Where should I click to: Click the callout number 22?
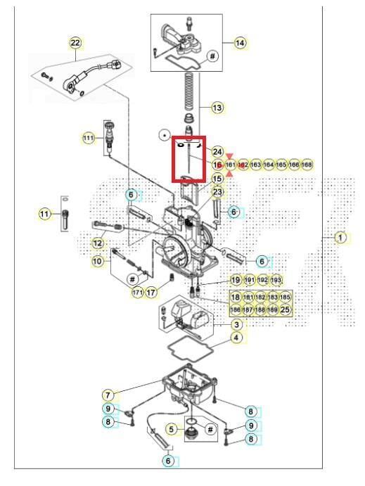[75, 43]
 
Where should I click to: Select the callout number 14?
[241, 43]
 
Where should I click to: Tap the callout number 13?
[217, 108]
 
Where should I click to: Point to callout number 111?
[88, 138]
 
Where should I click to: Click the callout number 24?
[217, 152]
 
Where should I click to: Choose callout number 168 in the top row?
[307, 164]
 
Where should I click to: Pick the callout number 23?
[217, 191]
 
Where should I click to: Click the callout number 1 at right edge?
[340, 238]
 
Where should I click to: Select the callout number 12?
[98, 243]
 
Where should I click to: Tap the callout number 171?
[138, 291]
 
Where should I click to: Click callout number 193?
[276, 279]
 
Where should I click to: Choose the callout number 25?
[285, 309]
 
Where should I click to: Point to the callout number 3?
[237, 324]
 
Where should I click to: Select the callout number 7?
[108, 395]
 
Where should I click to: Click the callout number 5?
[171, 428]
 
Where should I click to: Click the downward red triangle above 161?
[229, 157]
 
